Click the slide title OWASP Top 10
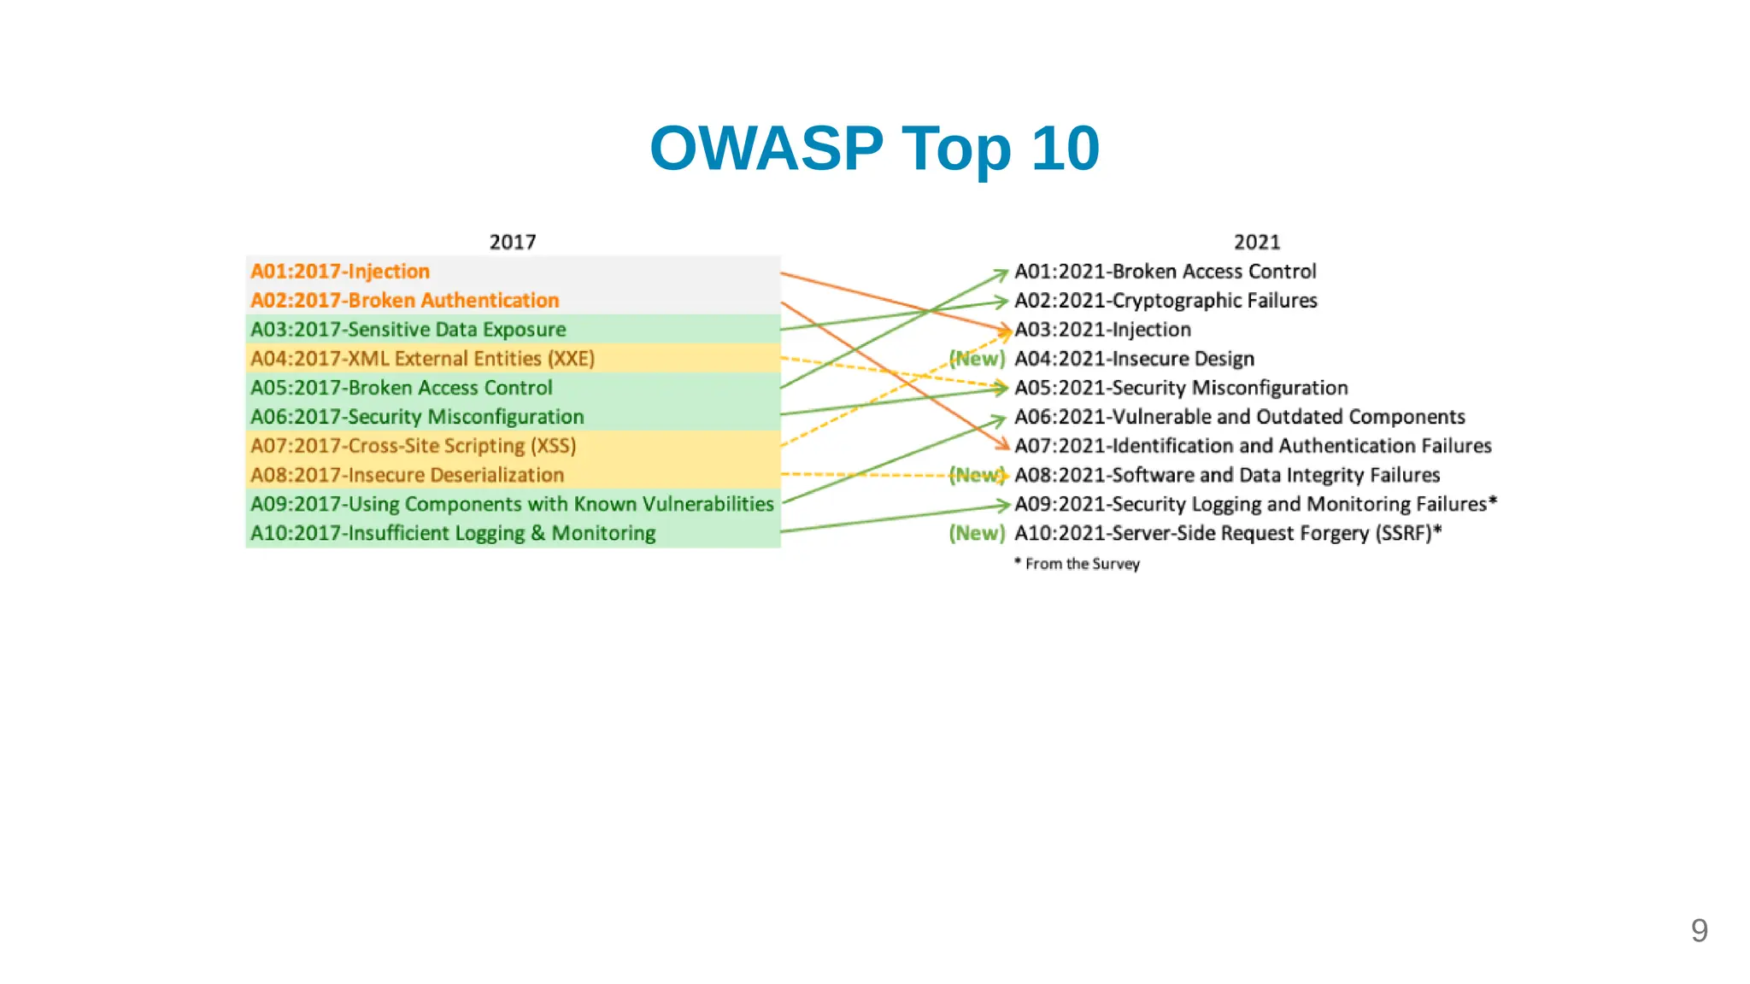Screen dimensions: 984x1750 874,149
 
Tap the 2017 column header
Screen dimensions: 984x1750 513,242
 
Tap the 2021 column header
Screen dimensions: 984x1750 1257,242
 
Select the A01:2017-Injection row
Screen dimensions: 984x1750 340,272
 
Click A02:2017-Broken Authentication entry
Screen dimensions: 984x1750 404,301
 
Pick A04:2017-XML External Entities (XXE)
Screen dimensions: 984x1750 422,359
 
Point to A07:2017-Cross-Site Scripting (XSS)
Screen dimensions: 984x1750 413,446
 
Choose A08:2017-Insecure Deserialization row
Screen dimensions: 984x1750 407,475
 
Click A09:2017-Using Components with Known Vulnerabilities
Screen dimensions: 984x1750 512,504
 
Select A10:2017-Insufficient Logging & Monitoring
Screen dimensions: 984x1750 453,533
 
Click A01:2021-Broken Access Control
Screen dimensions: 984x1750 1165,272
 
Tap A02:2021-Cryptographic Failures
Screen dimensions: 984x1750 1166,301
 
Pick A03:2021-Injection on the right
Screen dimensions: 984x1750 1102,330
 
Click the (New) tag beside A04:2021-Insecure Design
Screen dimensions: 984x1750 977,359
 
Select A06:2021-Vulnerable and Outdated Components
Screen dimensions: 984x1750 1239,417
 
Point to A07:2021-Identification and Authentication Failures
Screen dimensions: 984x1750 1253,446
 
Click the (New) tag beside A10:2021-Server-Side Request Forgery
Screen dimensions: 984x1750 977,533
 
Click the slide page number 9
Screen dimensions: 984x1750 1699,930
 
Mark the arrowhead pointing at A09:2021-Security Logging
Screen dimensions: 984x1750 1006,505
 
